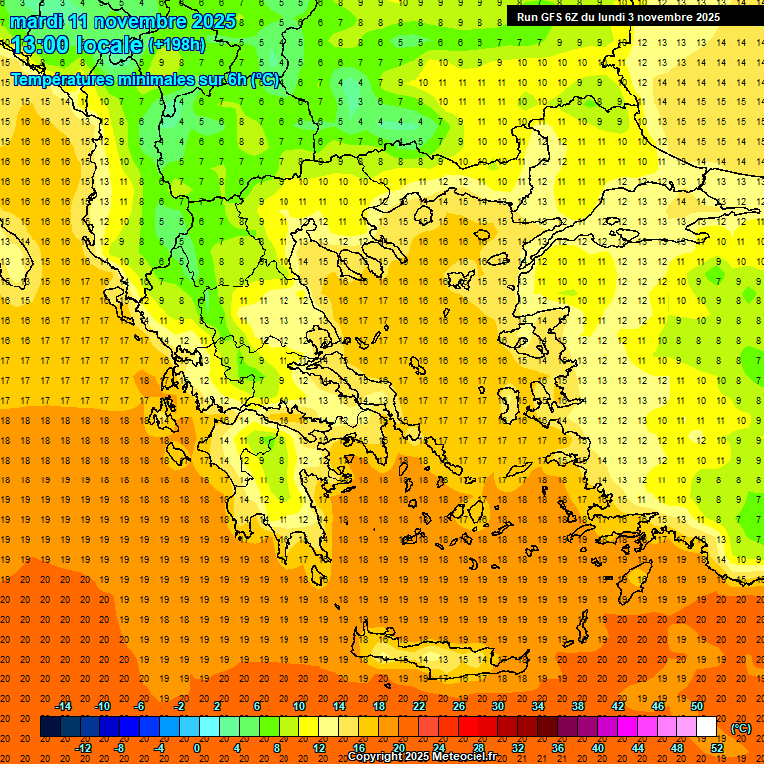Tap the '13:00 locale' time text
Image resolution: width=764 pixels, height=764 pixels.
coord(78,45)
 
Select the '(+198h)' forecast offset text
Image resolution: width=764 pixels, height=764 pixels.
coord(177,44)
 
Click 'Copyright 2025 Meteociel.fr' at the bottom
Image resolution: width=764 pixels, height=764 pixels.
coord(422,757)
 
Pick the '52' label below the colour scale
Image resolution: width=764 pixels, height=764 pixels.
coord(717,748)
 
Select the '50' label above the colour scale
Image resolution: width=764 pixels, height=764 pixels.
coord(697,706)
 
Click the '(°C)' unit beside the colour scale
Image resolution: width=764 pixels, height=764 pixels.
coord(740,728)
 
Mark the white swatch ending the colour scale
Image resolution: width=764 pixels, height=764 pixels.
coord(706,727)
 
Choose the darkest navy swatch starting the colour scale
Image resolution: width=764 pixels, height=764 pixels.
coord(50,727)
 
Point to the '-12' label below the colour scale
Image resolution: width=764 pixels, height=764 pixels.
coord(83,748)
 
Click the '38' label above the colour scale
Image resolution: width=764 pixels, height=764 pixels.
coord(578,706)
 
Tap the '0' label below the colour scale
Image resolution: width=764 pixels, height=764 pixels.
coord(196,748)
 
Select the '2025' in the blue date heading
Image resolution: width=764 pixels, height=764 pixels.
coord(214,21)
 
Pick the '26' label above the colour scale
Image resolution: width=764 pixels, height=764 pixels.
coord(459,706)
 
